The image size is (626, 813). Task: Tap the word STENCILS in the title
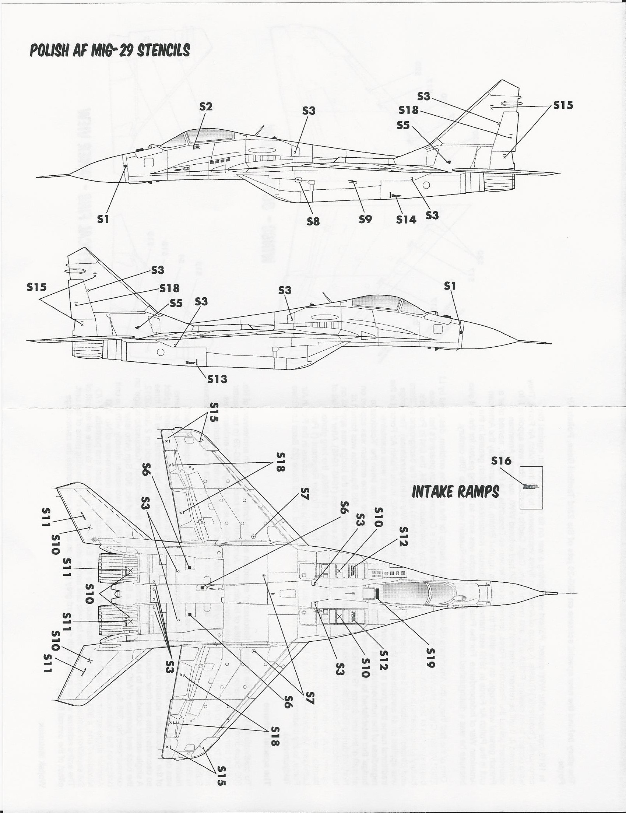click(163, 50)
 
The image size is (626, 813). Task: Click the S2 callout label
click(205, 107)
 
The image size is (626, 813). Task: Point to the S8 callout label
click(313, 221)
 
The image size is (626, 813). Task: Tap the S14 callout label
click(406, 220)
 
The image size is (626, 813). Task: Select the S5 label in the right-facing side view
click(176, 303)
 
